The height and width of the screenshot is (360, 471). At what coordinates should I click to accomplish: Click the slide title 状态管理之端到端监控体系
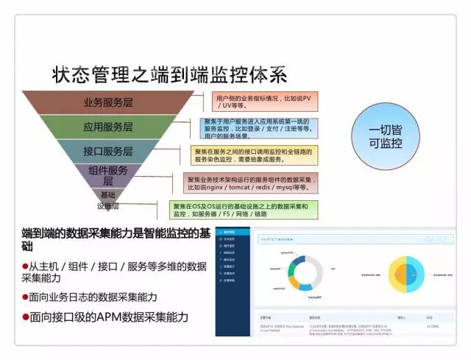(169, 74)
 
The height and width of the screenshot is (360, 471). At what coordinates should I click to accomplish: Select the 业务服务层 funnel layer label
(108, 102)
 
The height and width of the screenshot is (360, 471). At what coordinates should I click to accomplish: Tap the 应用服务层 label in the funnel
(108, 127)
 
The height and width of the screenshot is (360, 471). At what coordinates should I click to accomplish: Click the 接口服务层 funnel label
(108, 152)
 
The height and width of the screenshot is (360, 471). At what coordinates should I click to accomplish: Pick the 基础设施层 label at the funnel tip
(107, 200)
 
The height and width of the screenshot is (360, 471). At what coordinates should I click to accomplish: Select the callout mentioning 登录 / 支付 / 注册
(258, 129)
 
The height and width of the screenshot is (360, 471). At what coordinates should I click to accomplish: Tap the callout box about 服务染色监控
(254, 155)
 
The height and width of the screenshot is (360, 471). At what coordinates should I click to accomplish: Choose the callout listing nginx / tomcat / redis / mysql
(251, 181)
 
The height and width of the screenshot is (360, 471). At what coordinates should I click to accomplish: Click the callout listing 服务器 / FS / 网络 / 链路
(244, 210)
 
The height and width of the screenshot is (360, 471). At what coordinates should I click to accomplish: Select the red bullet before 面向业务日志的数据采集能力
(26, 297)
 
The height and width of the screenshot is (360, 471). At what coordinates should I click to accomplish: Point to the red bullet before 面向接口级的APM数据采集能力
(26, 317)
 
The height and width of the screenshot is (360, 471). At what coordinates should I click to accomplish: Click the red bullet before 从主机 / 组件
(26, 266)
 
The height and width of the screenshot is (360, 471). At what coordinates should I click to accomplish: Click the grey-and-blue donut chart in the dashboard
(302, 272)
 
